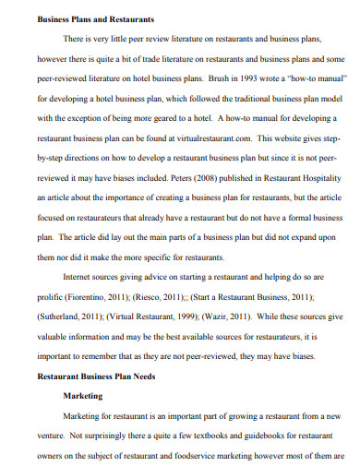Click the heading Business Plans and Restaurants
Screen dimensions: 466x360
tap(82, 18)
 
